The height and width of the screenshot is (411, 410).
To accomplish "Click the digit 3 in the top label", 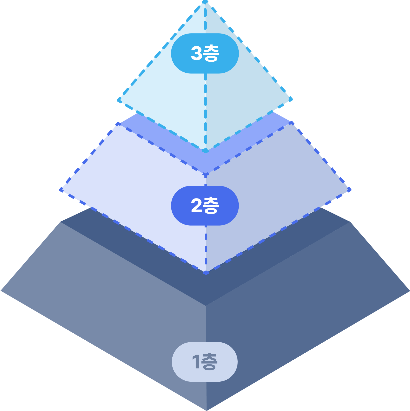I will (196, 53).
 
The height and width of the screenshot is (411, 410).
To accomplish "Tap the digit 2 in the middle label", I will (196, 205).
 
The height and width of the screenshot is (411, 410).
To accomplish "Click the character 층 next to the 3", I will (211, 53).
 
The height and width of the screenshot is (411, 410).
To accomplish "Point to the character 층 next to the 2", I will (211, 205).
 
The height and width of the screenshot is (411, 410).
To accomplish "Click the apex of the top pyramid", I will (205, 2).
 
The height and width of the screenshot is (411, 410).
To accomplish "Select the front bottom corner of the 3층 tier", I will (206, 151).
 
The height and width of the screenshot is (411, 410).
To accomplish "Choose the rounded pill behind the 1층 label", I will (180, 362).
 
